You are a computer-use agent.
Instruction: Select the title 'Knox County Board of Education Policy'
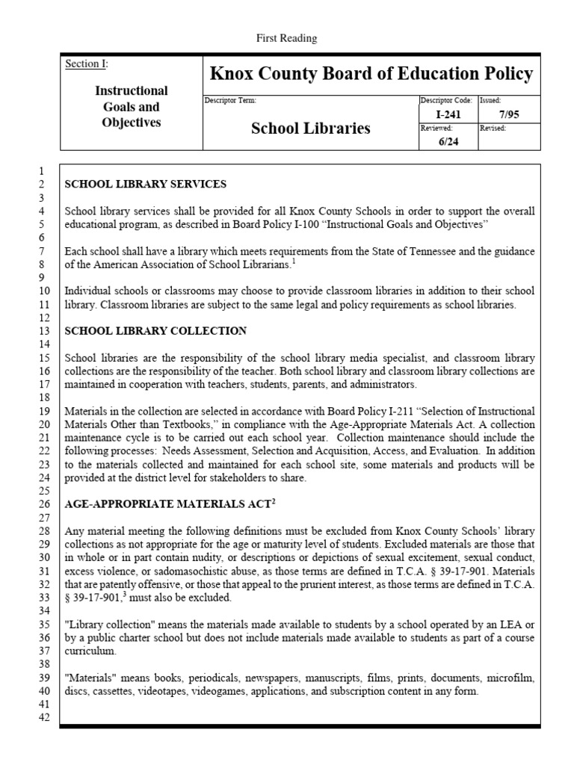coord(371,74)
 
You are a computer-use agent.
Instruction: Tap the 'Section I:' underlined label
coord(87,64)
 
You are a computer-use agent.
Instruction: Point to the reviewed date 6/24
coord(448,142)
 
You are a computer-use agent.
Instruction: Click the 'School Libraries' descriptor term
coord(310,128)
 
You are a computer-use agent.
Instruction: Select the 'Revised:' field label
coord(493,128)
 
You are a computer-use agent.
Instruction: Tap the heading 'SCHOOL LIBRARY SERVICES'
coord(146,184)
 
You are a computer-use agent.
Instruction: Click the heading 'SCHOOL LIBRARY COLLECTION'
coord(155,330)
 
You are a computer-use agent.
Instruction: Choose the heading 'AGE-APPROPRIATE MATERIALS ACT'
coord(167,504)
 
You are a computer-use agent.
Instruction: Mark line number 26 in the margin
coord(43,504)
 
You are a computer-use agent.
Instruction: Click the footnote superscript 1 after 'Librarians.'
coord(294,260)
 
